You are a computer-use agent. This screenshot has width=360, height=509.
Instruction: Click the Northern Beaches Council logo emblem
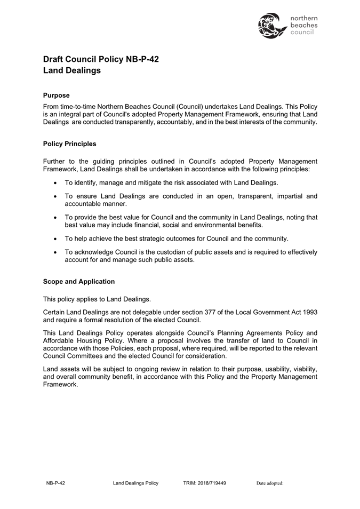pyautogui.click(x=272, y=25)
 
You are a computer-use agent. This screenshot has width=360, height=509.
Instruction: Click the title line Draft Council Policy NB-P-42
pyautogui.click(x=101, y=59)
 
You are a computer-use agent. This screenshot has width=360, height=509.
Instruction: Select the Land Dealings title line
pyautogui.click(x=71, y=70)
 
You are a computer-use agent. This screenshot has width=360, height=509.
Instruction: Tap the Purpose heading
pyautogui.click(x=56, y=96)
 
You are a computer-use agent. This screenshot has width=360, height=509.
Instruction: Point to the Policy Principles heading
pyautogui.click(x=69, y=144)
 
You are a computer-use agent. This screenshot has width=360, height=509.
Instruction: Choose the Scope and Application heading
pyautogui.click(x=78, y=281)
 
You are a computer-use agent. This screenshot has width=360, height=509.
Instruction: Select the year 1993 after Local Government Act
pyautogui.click(x=308, y=312)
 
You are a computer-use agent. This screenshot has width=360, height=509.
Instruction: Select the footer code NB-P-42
pyautogui.click(x=55, y=483)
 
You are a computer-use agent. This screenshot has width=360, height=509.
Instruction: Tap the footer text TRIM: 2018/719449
pyautogui.click(x=204, y=483)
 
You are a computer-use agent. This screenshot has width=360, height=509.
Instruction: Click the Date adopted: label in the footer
pyautogui.click(x=269, y=483)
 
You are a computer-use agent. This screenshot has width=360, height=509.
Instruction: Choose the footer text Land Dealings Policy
pyautogui.click(x=135, y=483)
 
